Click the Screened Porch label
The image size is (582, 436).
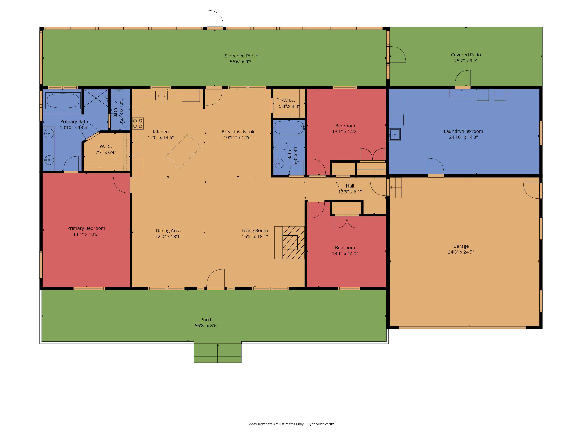click(242, 56)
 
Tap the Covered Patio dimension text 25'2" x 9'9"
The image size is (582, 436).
click(466, 61)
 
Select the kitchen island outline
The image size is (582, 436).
click(184, 151)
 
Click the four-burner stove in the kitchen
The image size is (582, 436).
click(138, 123)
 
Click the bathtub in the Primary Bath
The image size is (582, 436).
click(63, 100)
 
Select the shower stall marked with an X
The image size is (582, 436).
click(96, 98)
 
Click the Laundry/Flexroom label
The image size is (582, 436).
click(463, 131)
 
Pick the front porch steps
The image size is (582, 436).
click(218, 353)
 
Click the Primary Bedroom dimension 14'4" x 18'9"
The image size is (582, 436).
click(86, 234)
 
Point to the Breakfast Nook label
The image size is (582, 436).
click(238, 132)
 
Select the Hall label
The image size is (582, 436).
click(350, 186)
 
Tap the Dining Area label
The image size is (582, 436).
click(168, 230)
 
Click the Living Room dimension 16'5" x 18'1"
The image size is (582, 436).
click(255, 236)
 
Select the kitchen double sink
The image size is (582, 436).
click(161, 95)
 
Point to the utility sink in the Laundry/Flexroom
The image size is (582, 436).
click(395, 134)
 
